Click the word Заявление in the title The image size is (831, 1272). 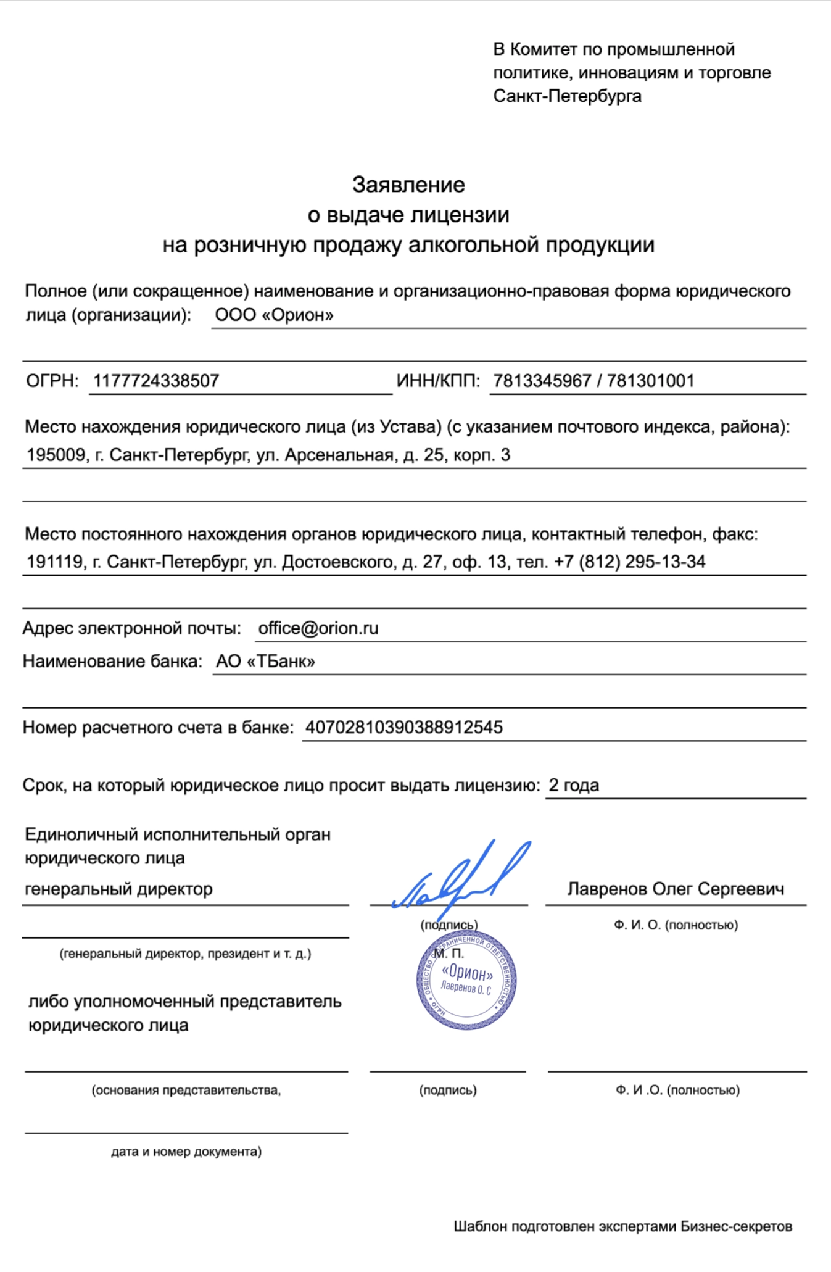(x=408, y=185)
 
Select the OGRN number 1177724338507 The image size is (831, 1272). (x=156, y=381)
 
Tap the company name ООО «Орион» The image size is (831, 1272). (x=274, y=315)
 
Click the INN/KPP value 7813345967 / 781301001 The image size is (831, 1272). (x=593, y=381)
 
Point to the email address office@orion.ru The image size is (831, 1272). (x=318, y=628)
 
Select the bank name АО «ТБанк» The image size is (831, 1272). (x=265, y=662)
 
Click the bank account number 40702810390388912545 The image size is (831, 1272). (x=404, y=728)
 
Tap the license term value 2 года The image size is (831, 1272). (x=574, y=785)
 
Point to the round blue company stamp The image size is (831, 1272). (x=466, y=980)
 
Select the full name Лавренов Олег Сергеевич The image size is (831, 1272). (x=676, y=889)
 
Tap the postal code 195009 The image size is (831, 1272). (x=56, y=455)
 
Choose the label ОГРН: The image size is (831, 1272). (x=52, y=381)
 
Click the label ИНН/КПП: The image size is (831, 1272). (x=438, y=381)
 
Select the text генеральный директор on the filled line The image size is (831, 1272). (x=118, y=889)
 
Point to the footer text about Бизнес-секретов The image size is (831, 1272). (x=622, y=1226)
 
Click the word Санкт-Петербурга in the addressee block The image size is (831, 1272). (x=567, y=96)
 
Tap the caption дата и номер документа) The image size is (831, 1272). (x=186, y=1152)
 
